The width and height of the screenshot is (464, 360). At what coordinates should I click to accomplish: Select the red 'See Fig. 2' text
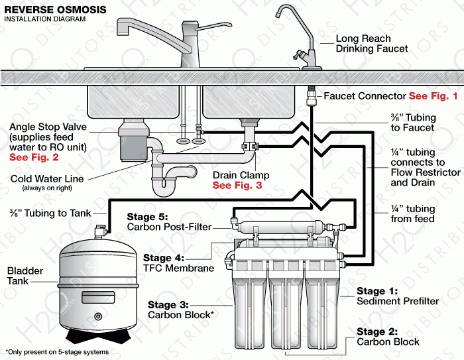(x=34, y=158)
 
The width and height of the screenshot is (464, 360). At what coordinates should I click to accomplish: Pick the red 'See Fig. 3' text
(x=237, y=186)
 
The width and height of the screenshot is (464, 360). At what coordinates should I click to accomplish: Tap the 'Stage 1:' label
(x=377, y=291)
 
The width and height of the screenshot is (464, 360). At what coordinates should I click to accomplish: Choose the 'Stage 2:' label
(x=377, y=331)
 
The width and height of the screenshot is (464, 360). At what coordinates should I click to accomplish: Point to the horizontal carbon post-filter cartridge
(x=279, y=225)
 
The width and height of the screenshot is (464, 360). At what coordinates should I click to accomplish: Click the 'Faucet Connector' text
(x=365, y=96)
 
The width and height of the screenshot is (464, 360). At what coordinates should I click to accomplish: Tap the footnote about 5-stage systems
(x=56, y=351)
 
